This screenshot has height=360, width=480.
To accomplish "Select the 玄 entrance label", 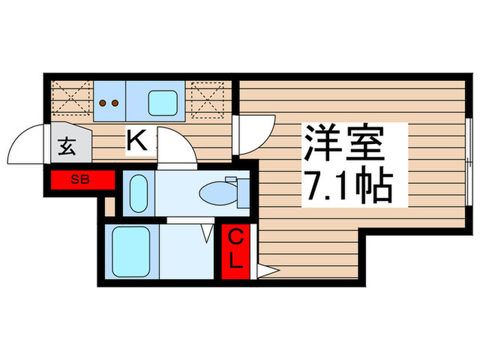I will [x=67, y=146].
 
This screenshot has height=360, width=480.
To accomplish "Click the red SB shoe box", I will [x=82, y=180].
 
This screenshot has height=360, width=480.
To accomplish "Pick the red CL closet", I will [x=235, y=251].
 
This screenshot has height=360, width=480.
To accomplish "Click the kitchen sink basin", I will [x=164, y=102].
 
